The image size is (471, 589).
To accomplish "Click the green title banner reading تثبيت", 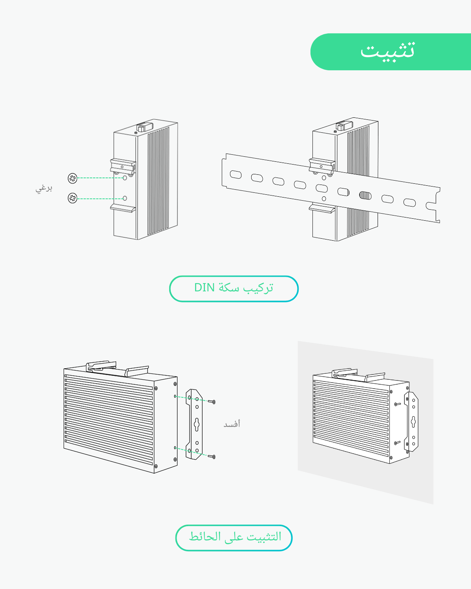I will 391,52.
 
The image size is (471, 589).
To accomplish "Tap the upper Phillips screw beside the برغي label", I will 73,178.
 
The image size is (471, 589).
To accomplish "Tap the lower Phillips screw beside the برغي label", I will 73,198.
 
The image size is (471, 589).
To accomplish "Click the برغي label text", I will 44,188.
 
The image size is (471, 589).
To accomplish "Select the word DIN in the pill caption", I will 204,288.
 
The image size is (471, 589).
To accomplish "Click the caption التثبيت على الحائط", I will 234,537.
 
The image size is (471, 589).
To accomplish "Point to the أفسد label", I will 232,424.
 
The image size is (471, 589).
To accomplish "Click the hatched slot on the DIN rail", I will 365,195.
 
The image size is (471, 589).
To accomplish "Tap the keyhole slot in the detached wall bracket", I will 197,424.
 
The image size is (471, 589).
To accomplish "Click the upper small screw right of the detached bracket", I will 213,402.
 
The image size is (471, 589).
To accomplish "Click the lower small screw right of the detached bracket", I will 213,457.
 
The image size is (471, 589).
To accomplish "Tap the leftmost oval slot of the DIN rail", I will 235,174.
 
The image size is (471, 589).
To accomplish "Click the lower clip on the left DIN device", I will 123,208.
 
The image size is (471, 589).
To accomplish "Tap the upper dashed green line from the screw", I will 100,178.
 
